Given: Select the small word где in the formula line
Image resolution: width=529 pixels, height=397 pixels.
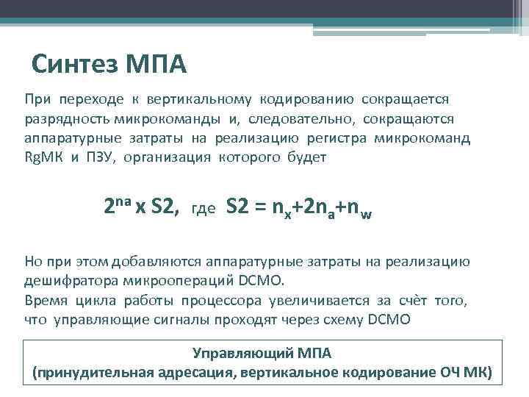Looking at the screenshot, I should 203,210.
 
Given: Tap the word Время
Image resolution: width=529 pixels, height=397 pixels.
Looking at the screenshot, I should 44,300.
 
